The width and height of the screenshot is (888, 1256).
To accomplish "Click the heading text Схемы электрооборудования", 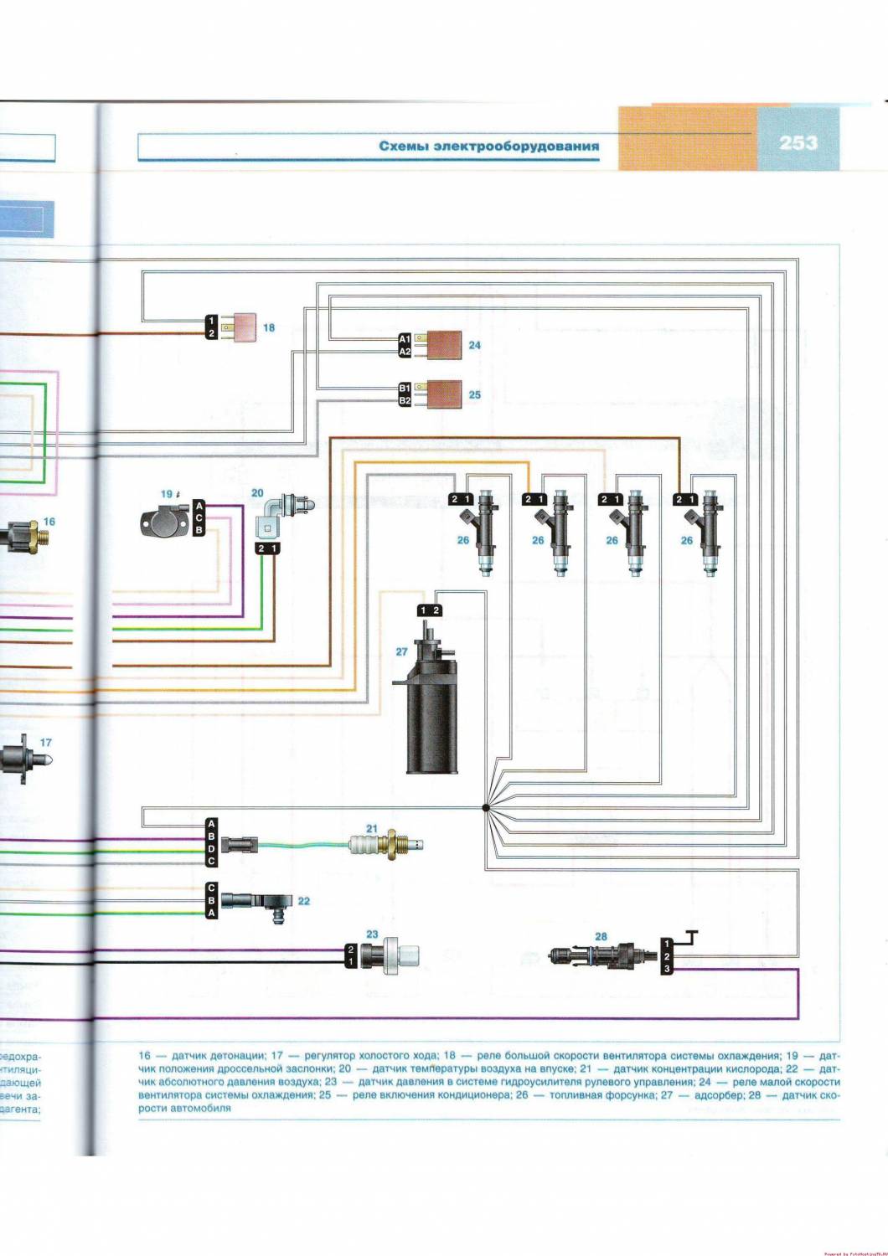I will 488,146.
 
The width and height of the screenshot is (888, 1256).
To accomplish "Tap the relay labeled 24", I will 444,344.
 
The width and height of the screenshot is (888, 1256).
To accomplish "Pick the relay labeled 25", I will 444,394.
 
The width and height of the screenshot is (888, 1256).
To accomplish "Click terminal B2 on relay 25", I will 403,401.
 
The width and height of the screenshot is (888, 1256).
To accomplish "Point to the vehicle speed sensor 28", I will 599,955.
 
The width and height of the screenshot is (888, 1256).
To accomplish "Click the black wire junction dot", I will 485,808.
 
